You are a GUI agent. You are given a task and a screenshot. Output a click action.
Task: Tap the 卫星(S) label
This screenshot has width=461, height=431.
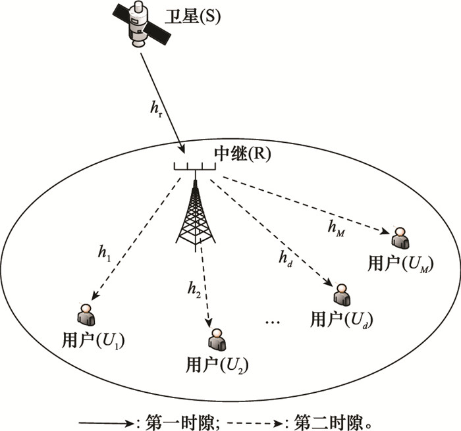coord(192,16)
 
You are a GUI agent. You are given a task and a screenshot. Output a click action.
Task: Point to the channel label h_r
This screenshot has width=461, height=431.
coord(156,109)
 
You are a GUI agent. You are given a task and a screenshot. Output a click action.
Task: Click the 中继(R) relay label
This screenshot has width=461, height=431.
coord(242,153)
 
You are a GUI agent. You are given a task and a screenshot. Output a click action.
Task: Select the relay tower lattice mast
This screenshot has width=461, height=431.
coord(196,215)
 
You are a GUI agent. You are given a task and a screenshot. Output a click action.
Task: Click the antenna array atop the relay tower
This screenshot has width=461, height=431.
coord(195,166)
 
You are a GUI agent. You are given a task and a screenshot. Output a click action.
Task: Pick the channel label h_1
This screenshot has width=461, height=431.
coord(104,253)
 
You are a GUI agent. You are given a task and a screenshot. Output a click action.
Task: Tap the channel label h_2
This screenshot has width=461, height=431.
coord(194,290)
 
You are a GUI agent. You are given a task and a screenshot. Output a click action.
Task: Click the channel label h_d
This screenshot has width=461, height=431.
coord(285,259)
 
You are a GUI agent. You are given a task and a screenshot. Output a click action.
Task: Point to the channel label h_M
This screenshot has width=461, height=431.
coord(336,228)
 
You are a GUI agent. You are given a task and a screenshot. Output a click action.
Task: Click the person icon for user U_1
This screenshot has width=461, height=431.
coord(86,315)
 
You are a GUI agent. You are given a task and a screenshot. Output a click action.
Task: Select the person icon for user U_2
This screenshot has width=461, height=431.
coord(217,340)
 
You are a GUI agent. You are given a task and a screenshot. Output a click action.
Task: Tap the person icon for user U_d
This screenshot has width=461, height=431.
coord(342,295)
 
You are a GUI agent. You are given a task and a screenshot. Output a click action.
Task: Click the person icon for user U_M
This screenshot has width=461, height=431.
coord(400,238)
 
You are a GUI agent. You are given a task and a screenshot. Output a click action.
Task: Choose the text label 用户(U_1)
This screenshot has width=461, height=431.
coord(94,341)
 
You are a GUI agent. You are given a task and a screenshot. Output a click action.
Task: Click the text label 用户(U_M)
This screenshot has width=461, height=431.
coord(400,264)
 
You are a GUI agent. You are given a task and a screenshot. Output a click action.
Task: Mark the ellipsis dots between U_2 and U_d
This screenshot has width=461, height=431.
coord(273,322)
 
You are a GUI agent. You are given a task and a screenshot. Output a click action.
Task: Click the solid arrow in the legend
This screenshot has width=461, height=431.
coord(107,423)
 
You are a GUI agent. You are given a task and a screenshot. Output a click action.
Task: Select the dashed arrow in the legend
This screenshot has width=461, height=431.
coord(256,423)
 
